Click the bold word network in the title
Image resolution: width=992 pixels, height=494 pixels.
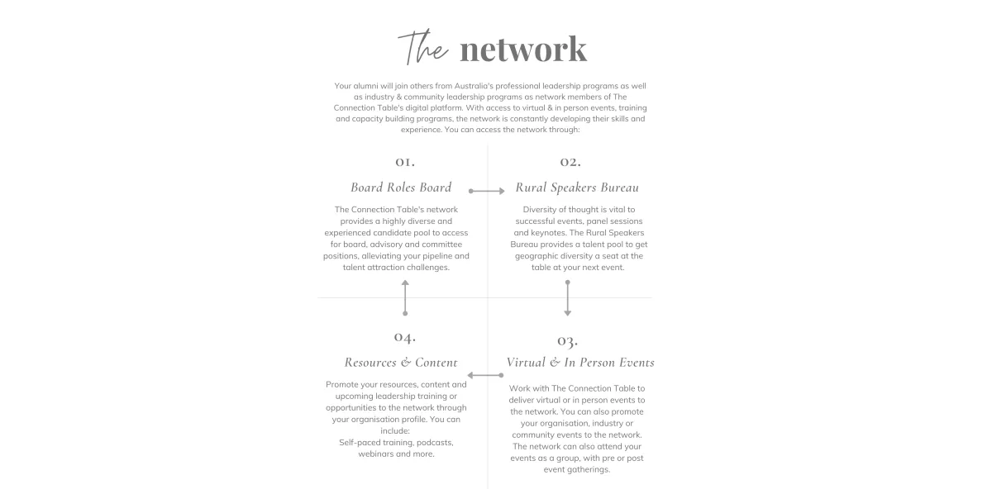coord(523,49)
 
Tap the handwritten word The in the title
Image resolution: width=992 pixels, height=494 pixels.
coord(423,48)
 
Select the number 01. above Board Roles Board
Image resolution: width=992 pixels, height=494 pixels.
coord(405,162)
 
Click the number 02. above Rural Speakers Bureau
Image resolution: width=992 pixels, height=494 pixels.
coord(570,162)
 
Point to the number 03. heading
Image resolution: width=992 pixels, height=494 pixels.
coord(567,341)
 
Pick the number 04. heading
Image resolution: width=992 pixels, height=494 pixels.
coord(405,337)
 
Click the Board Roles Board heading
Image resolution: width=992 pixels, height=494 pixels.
coord(401,188)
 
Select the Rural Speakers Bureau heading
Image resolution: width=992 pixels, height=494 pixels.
coord(577,188)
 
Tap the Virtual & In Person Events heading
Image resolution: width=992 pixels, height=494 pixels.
coord(580,363)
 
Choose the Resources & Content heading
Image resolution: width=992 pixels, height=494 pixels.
coord(401,363)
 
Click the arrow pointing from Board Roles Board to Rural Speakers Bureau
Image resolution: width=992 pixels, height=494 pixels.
coord(487,191)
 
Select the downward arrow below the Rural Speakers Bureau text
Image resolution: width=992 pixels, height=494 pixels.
coord(568,298)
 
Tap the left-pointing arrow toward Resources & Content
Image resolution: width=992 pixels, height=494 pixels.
coord(485,375)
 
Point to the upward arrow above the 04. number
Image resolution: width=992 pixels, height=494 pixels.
coord(405,298)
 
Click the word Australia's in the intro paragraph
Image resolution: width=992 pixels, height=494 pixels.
coord(474,86)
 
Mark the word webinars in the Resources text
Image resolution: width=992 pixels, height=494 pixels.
coord(375,454)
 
